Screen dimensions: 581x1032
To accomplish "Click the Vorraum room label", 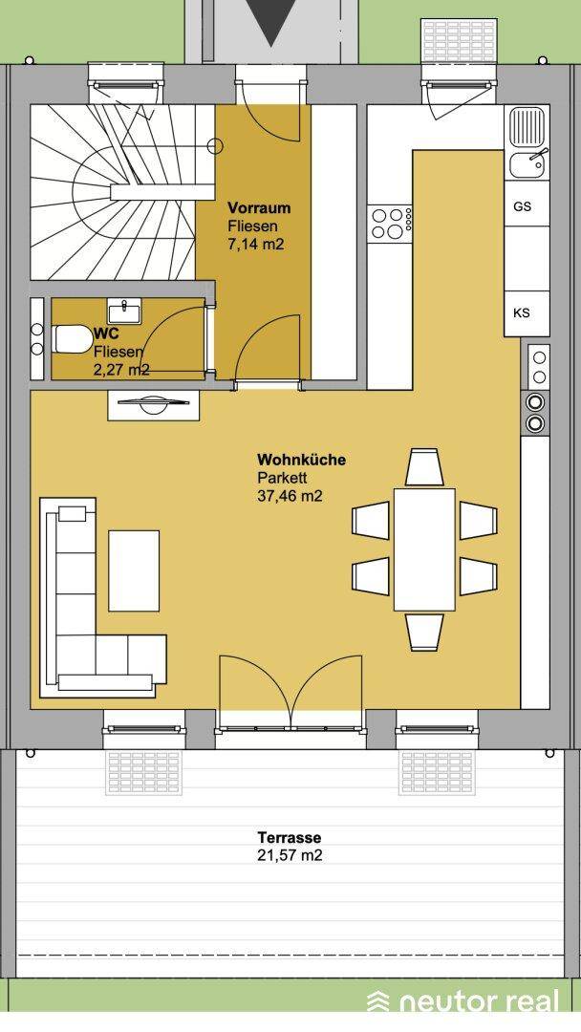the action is (259, 208).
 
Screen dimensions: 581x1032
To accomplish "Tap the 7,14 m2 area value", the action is (256, 245).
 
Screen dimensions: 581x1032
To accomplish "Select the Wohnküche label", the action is (301, 460).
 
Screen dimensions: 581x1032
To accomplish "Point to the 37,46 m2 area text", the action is (290, 496).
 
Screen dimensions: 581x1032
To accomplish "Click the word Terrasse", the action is (290, 838).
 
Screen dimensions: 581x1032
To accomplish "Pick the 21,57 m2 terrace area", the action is (290, 855).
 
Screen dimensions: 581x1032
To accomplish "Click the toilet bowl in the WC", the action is (72, 339).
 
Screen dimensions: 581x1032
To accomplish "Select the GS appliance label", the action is (523, 206).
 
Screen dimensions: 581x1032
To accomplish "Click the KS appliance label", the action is (522, 312).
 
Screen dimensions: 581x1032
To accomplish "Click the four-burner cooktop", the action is (392, 223).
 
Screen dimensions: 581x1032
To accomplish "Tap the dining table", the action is (424, 549).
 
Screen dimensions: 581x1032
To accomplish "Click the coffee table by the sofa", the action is (134, 570).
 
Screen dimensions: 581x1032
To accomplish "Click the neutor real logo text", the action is (479, 1001).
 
